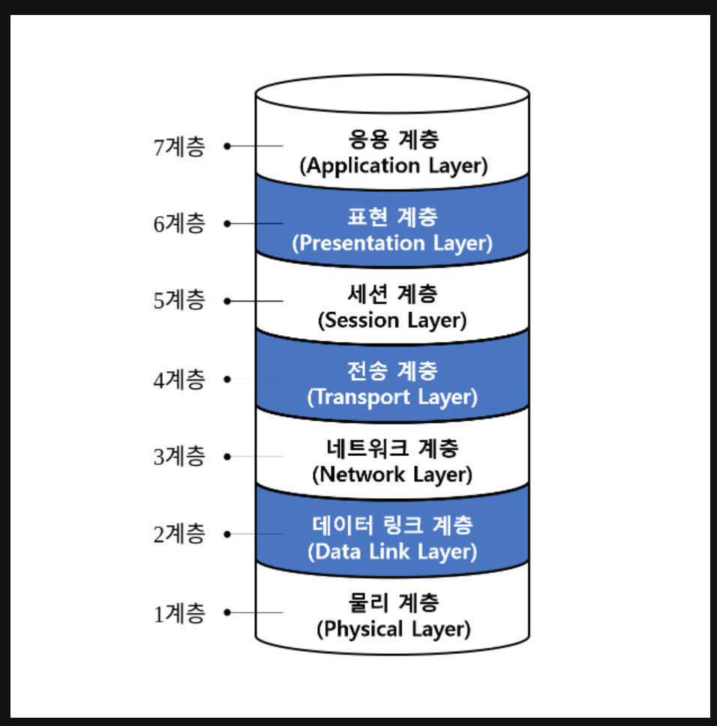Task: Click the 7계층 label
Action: [x=178, y=146]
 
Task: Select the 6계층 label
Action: [x=178, y=223]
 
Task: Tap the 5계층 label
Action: [x=178, y=301]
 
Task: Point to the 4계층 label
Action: [x=178, y=379]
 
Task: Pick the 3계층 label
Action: [x=178, y=456]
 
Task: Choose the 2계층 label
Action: [x=178, y=535]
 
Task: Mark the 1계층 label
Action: [x=178, y=613]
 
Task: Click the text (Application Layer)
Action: [x=393, y=166]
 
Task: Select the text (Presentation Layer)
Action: [x=393, y=243]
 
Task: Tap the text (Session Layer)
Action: [x=393, y=320]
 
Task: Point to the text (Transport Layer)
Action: [x=393, y=397]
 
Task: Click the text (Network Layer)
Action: [x=393, y=475]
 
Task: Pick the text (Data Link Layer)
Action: [x=393, y=552]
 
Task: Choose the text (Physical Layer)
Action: [x=393, y=628]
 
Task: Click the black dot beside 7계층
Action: [x=226, y=146]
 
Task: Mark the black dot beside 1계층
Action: [x=226, y=613]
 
